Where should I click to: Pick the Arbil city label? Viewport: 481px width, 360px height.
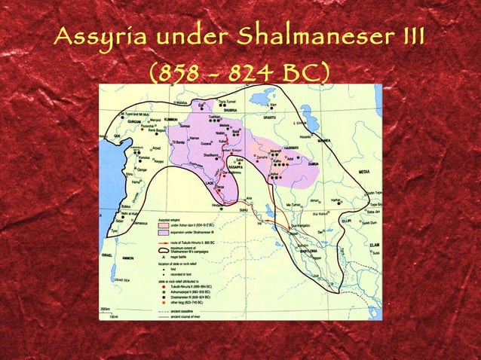point(291,157)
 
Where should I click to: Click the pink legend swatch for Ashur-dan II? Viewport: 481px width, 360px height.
point(163,225)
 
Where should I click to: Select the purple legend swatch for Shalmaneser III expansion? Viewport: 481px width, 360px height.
point(163,233)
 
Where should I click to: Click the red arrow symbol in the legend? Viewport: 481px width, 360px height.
point(163,244)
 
